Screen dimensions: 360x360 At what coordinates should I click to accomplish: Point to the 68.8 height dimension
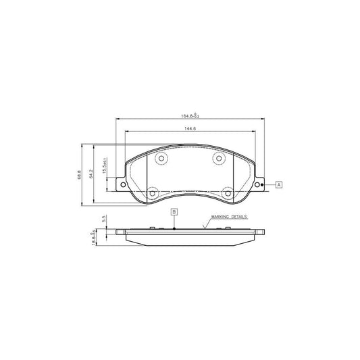(80, 175)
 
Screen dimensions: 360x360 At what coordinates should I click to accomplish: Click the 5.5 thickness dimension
(104, 219)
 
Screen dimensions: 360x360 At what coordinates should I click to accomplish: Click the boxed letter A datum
(278, 184)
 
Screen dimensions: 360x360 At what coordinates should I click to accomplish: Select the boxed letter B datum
(174, 212)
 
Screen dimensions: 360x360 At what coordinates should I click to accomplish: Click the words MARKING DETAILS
(229, 217)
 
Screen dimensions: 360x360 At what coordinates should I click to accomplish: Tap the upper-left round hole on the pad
(161, 159)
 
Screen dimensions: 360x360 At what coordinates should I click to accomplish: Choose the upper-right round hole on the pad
(218, 159)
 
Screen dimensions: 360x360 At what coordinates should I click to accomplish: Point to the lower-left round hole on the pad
(152, 192)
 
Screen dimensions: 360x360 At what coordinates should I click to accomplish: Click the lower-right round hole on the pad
(228, 192)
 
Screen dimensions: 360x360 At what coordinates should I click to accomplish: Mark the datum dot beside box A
(263, 184)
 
